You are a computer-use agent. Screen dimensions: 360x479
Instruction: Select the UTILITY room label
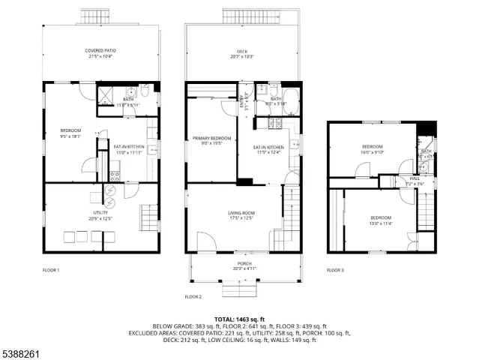(100, 215)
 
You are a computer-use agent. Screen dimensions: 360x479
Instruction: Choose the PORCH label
(244, 265)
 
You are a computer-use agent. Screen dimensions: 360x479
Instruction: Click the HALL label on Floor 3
(414, 181)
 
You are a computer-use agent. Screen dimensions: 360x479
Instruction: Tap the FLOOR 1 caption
(51, 270)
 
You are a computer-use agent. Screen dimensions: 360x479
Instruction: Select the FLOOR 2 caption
(193, 296)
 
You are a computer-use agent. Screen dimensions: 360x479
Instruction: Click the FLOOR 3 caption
(335, 270)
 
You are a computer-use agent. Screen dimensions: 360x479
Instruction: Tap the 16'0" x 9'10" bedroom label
(373, 149)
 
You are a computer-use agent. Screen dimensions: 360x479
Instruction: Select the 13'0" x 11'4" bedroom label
(381, 220)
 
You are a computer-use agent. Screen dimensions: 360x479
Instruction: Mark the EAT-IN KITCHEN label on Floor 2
(268, 149)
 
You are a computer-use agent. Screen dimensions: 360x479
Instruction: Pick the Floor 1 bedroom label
(70, 134)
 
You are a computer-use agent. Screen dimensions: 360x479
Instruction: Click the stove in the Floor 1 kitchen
(115, 176)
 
